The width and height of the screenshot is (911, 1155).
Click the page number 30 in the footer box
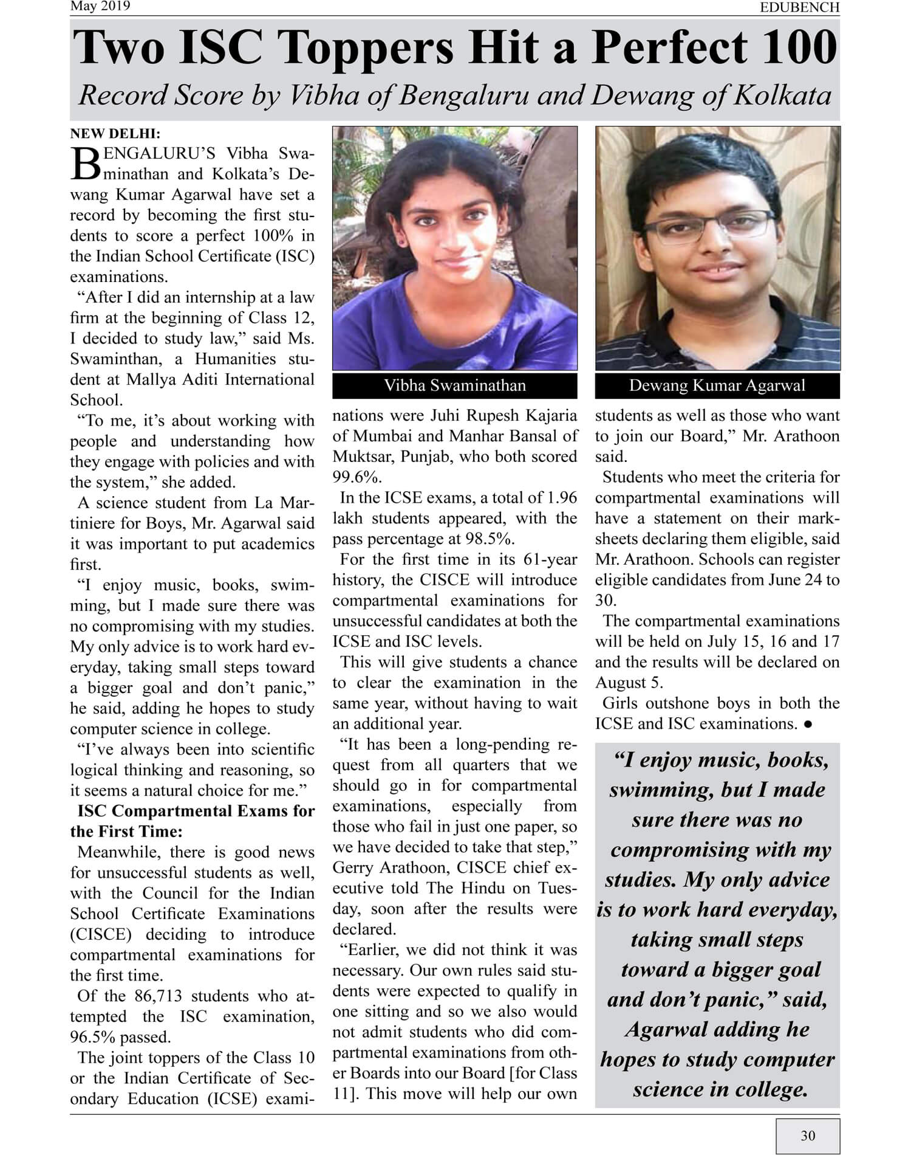tap(808, 1135)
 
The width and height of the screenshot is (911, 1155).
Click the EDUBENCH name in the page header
tap(799, 7)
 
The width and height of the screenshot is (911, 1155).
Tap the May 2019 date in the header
tap(100, 7)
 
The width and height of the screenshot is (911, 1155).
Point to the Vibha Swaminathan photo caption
tap(454, 385)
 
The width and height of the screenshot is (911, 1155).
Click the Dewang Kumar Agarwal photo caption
tap(717, 385)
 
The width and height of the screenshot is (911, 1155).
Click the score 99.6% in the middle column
tap(356, 477)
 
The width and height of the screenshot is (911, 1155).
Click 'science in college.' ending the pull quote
tap(720, 1089)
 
